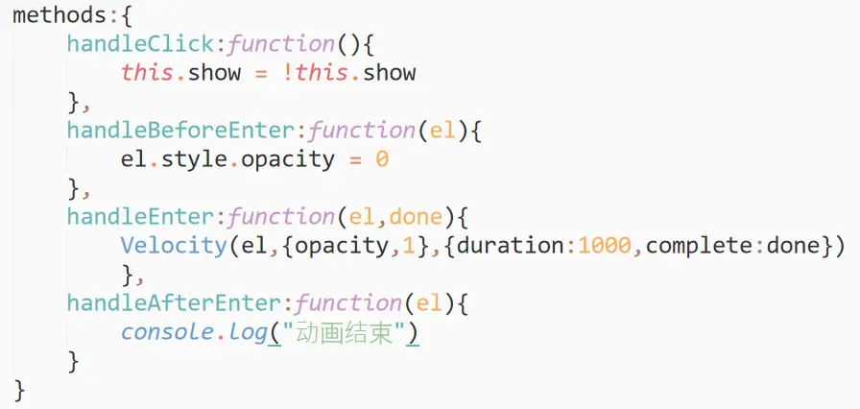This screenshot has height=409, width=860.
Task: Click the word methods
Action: click(54, 16)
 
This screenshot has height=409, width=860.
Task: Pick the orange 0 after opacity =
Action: click(381, 159)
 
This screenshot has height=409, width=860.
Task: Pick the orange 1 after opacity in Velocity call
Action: click(408, 246)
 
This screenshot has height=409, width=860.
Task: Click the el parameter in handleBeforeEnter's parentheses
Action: click(442, 131)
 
